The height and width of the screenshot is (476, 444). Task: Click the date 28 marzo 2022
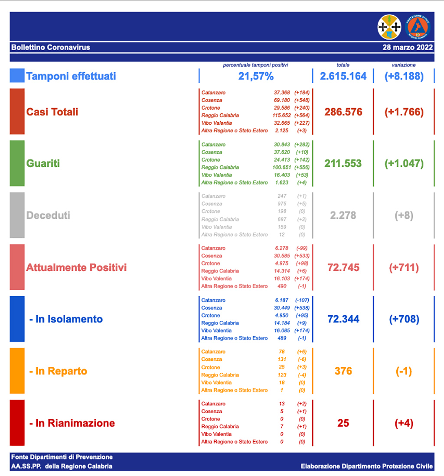point(408,47)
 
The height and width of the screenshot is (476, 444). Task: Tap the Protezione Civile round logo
point(418,27)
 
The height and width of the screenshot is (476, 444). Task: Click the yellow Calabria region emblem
point(389,27)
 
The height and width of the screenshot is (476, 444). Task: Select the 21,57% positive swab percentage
point(256,77)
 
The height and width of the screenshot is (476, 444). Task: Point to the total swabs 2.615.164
point(343,76)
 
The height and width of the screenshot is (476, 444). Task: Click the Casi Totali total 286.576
point(343,112)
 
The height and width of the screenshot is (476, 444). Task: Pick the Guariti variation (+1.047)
point(404,164)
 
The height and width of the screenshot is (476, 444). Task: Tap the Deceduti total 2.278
point(343,215)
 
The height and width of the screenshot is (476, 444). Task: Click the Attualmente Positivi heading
point(76,267)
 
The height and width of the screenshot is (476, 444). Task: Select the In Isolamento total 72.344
point(343,319)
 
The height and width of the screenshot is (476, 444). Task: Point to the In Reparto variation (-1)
point(404,371)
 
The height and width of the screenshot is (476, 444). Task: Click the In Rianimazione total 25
point(343,423)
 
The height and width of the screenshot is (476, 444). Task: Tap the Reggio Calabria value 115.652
point(282,116)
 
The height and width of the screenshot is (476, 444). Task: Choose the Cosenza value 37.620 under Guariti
point(282,152)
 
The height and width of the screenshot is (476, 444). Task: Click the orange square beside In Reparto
point(17,371)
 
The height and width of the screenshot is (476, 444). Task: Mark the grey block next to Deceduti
point(17,215)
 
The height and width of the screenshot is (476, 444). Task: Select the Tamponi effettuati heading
point(71,76)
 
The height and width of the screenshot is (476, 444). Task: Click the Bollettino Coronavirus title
point(51,47)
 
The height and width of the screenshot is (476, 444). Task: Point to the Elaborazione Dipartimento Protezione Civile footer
point(366,466)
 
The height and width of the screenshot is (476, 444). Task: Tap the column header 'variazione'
point(403,65)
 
